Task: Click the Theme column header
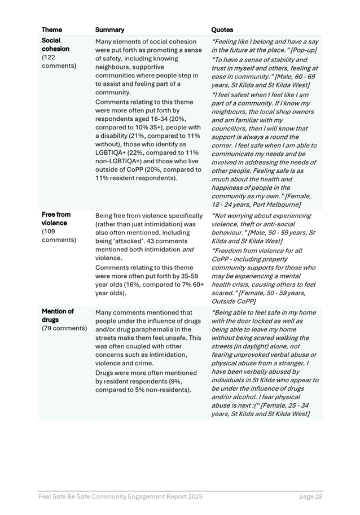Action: (52, 30)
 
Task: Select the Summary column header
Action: (109, 30)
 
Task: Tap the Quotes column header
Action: (222, 30)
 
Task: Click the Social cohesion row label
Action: (55, 45)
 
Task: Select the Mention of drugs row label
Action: (58, 316)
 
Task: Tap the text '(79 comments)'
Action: (65, 329)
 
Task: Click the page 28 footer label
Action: (311, 497)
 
